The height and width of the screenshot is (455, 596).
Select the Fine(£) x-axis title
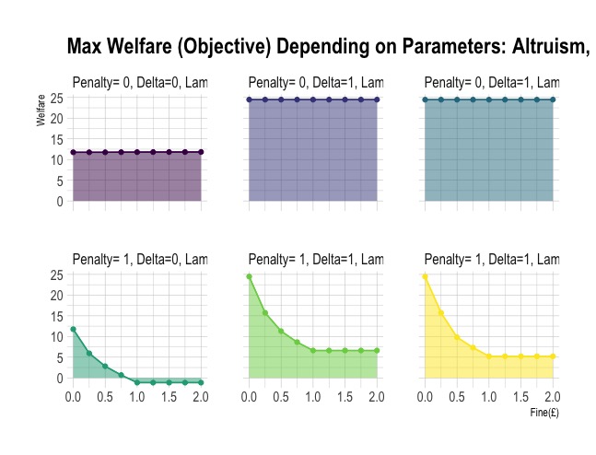pyautogui.click(x=544, y=413)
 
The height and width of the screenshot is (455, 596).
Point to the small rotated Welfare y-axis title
pyautogui.click(x=41, y=114)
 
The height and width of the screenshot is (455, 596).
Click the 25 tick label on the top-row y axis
pyautogui.click(x=55, y=98)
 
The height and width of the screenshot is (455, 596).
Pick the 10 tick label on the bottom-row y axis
pyautogui.click(x=55, y=336)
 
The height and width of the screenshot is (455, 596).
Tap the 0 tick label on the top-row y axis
pyautogui.click(x=59, y=201)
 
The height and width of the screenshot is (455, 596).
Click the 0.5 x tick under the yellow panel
pyautogui.click(x=457, y=397)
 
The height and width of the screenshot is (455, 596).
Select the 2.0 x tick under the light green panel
pyautogui.click(x=377, y=397)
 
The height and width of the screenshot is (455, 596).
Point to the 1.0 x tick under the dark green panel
pyautogui.click(x=137, y=397)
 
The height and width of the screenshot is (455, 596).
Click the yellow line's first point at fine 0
pyautogui.click(x=425, y=276)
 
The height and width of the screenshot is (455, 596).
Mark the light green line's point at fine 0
pyautogui.click(x=249, y=276)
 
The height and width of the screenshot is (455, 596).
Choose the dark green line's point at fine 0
pyautogui.click(x=73, y=329)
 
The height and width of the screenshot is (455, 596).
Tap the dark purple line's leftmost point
pyautogui.click(x=73, y=152)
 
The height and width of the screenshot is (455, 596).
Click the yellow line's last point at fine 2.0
pyautogui.click(x=554, y=356)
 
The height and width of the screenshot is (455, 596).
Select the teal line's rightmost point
pyautogui.click(x=554, y=99)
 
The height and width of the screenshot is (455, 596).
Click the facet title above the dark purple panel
pyautogui.click(x=140, y=83)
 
